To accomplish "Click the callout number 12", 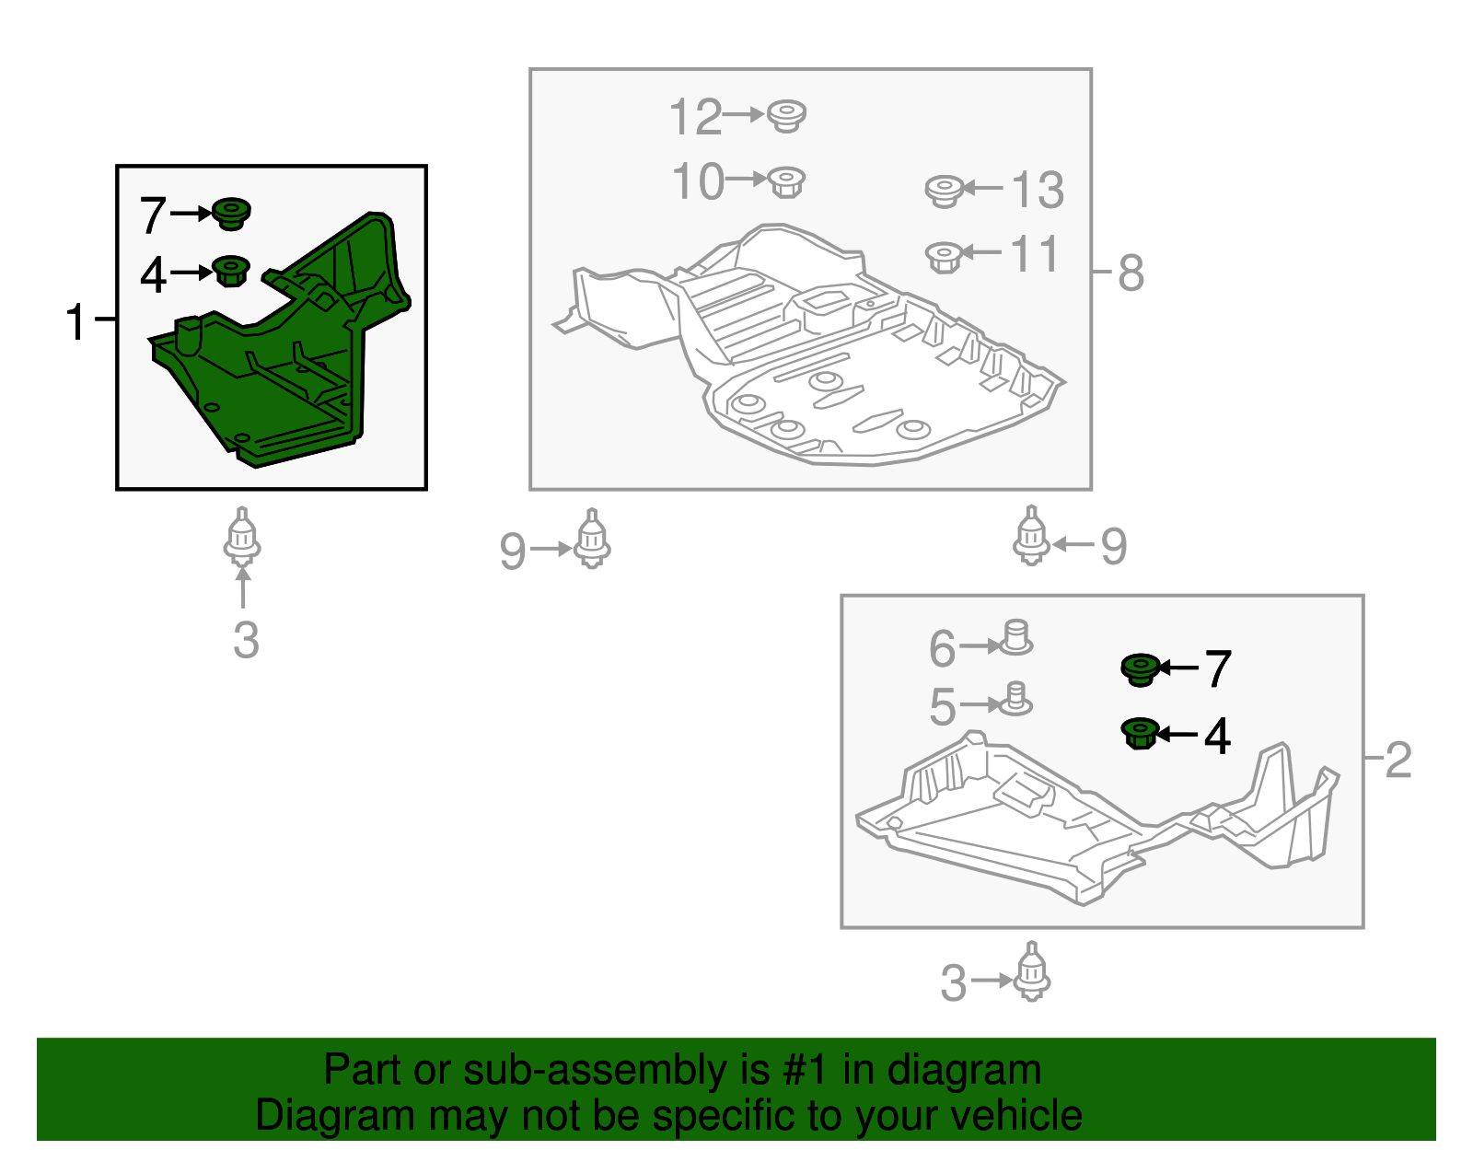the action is click(695, 117).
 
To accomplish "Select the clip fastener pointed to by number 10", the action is click(785, 182).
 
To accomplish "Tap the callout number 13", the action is click(1038, 190).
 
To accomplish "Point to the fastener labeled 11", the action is click(944, 257).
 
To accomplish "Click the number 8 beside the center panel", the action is click(1131, 273).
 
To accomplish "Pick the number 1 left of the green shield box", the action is click(75, 321).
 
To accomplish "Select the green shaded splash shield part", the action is click(279, 340).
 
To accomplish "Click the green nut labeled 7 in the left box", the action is click(231, 215).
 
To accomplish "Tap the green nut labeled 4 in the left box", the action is click(231, 271).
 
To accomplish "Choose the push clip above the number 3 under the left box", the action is click(242, 537).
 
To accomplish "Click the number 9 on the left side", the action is click(513, 551).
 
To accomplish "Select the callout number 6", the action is click(942, 647).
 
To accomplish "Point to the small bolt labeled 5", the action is click(1015, 699).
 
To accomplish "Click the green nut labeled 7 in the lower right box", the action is click(1140, 669).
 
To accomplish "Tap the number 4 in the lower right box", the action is click(1217, 736).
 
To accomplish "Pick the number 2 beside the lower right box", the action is click(1398, 760).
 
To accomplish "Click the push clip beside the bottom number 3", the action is click(1031, 971).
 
